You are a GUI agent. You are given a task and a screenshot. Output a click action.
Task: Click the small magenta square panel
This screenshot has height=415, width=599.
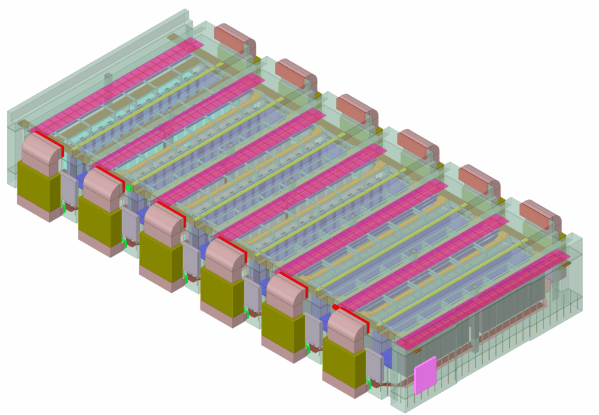coord(425,375)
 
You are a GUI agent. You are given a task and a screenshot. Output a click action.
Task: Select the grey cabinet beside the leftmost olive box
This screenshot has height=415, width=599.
coord(69,190)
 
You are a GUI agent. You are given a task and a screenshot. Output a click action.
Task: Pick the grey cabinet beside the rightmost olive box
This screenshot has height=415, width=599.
coord(374,364)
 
